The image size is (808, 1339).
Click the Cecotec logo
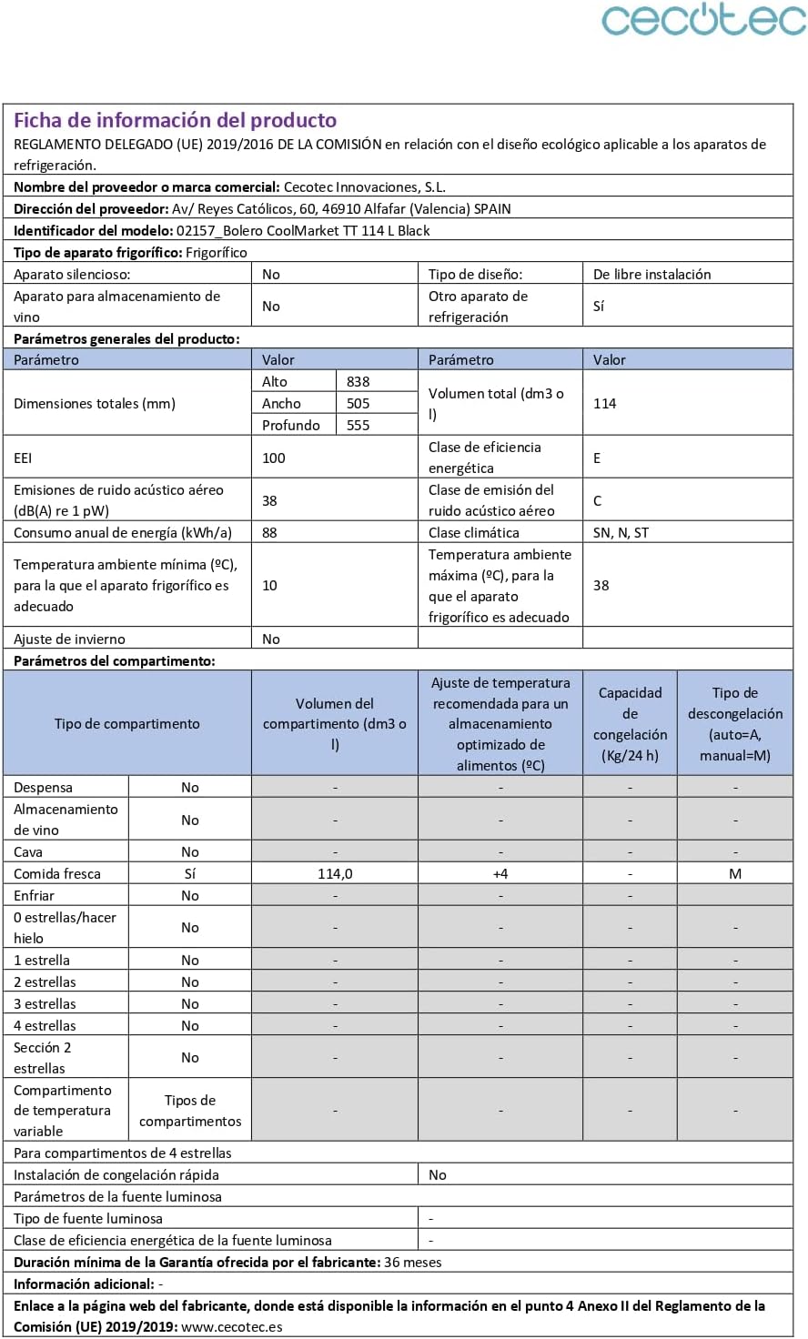(703, 20)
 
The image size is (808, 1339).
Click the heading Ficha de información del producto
(175, 120)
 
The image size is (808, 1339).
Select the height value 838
(358, 382)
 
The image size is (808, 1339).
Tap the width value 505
(358, 404)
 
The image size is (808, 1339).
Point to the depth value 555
(358, 426)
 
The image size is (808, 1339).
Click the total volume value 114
(605, 404)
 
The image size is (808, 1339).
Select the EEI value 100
(274, 458)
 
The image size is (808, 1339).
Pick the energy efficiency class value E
(597, 458)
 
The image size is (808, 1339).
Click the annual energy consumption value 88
(269, 533)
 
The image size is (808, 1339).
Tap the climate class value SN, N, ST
(621, 533)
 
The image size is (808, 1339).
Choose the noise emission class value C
(597, 501)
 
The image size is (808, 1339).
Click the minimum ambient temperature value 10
(269, 586)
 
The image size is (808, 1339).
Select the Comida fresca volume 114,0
(335, 874)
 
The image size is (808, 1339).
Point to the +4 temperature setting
(500, 874)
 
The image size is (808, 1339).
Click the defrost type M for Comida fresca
(735, 874)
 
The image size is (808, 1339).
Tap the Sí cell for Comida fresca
(190, 874)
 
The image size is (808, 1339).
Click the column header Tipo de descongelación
(735, 724)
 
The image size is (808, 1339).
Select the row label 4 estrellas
(45, 1026)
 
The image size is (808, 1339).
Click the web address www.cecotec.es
(232, 1327)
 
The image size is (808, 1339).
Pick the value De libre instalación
(652, 275)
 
